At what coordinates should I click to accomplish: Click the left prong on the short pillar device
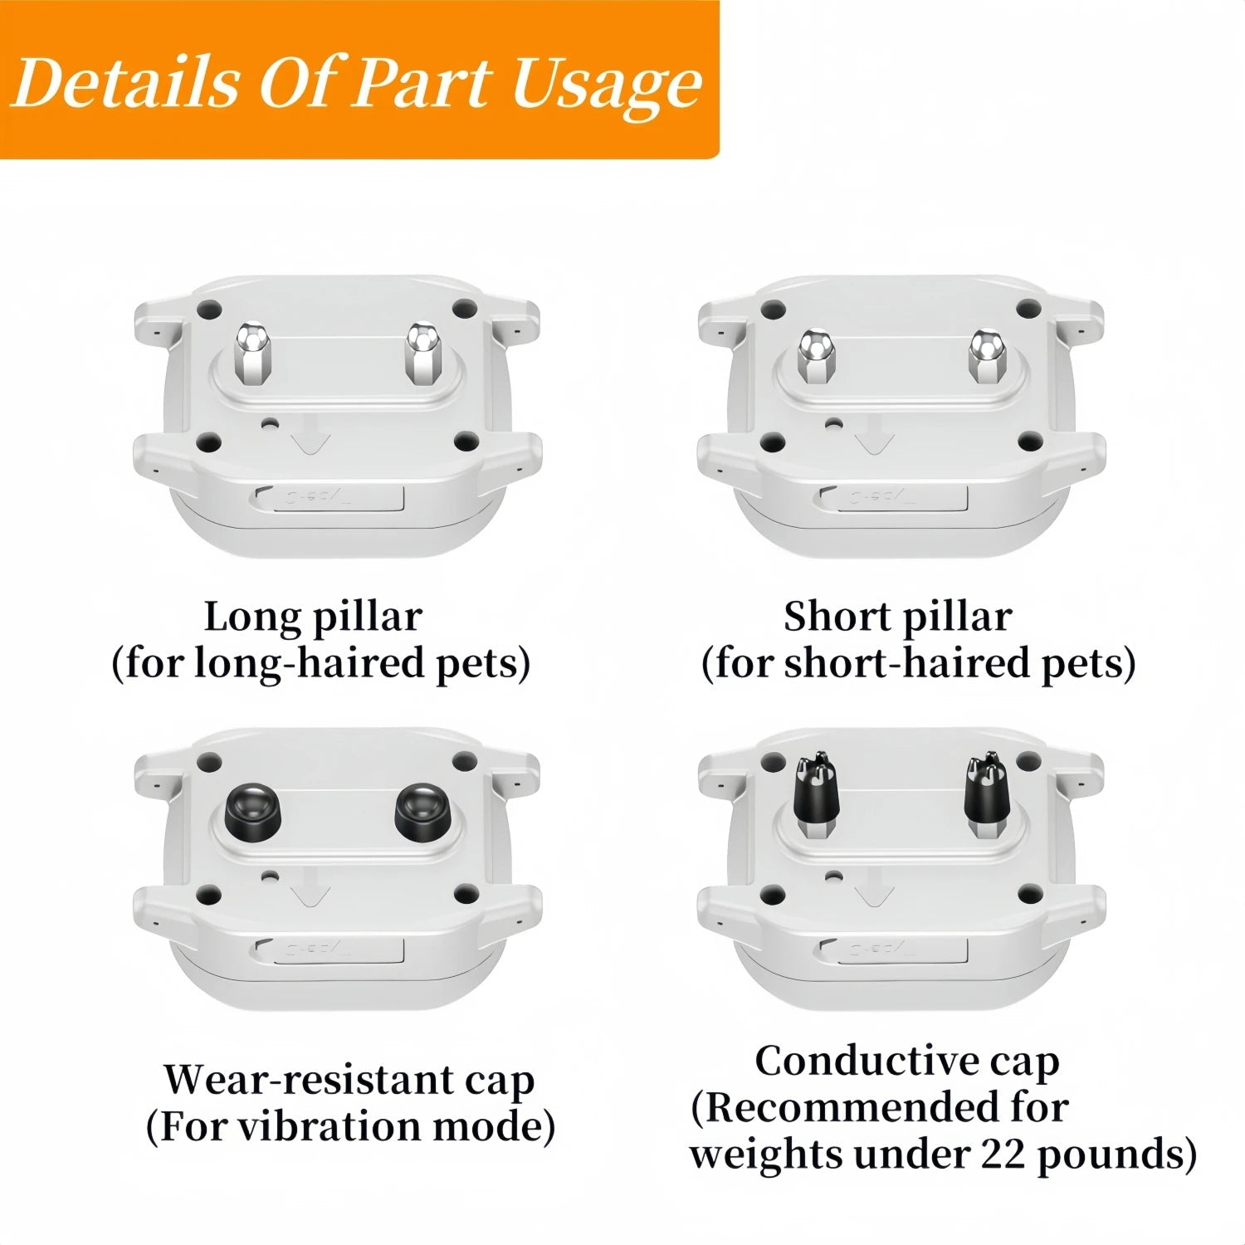point(815,357)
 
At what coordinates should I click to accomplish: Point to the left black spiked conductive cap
point(816,793)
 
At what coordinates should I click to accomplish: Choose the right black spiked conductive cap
point(986,793)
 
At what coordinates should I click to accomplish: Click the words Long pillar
point(313,618)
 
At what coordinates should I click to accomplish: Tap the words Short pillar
point(898,617)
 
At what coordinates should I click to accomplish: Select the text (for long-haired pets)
point(321,663)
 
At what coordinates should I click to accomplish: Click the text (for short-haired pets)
point(919,663)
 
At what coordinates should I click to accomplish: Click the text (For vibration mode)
point(350,1126)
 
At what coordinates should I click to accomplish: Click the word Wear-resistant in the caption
point(302,1080)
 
